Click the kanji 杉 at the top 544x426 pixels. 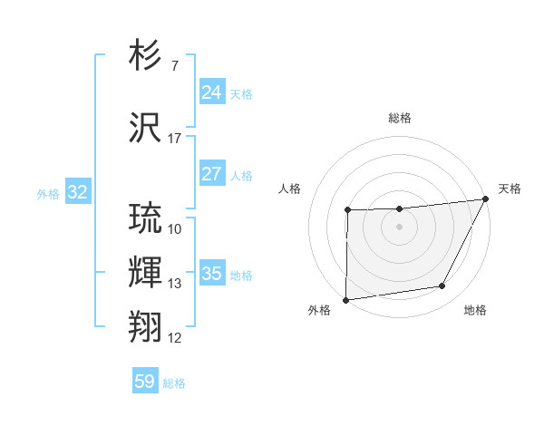tap(146, 56)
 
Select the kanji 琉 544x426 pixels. tap(146, 218)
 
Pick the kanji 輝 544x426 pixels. tap(146, 273)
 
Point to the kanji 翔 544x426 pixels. tap(146, 325)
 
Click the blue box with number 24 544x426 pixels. tap(212, 92)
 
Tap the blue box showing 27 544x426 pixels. tap(212, 174)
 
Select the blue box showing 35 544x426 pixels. tap(212, 274)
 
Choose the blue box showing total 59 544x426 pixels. tap(145, 382)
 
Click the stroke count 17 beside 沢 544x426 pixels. tap(175, 139)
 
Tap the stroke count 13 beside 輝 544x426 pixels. tap(175, 284)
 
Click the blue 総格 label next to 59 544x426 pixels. tap(174, 383)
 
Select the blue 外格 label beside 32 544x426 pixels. tap(48, 193)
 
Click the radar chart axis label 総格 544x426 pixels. tap(400, 118)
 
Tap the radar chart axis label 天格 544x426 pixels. tap(510, 189)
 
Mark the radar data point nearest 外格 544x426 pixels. tap(345, 300)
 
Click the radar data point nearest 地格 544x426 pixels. tap(442, 286)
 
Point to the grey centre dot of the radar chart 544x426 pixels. tap(399, 227)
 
